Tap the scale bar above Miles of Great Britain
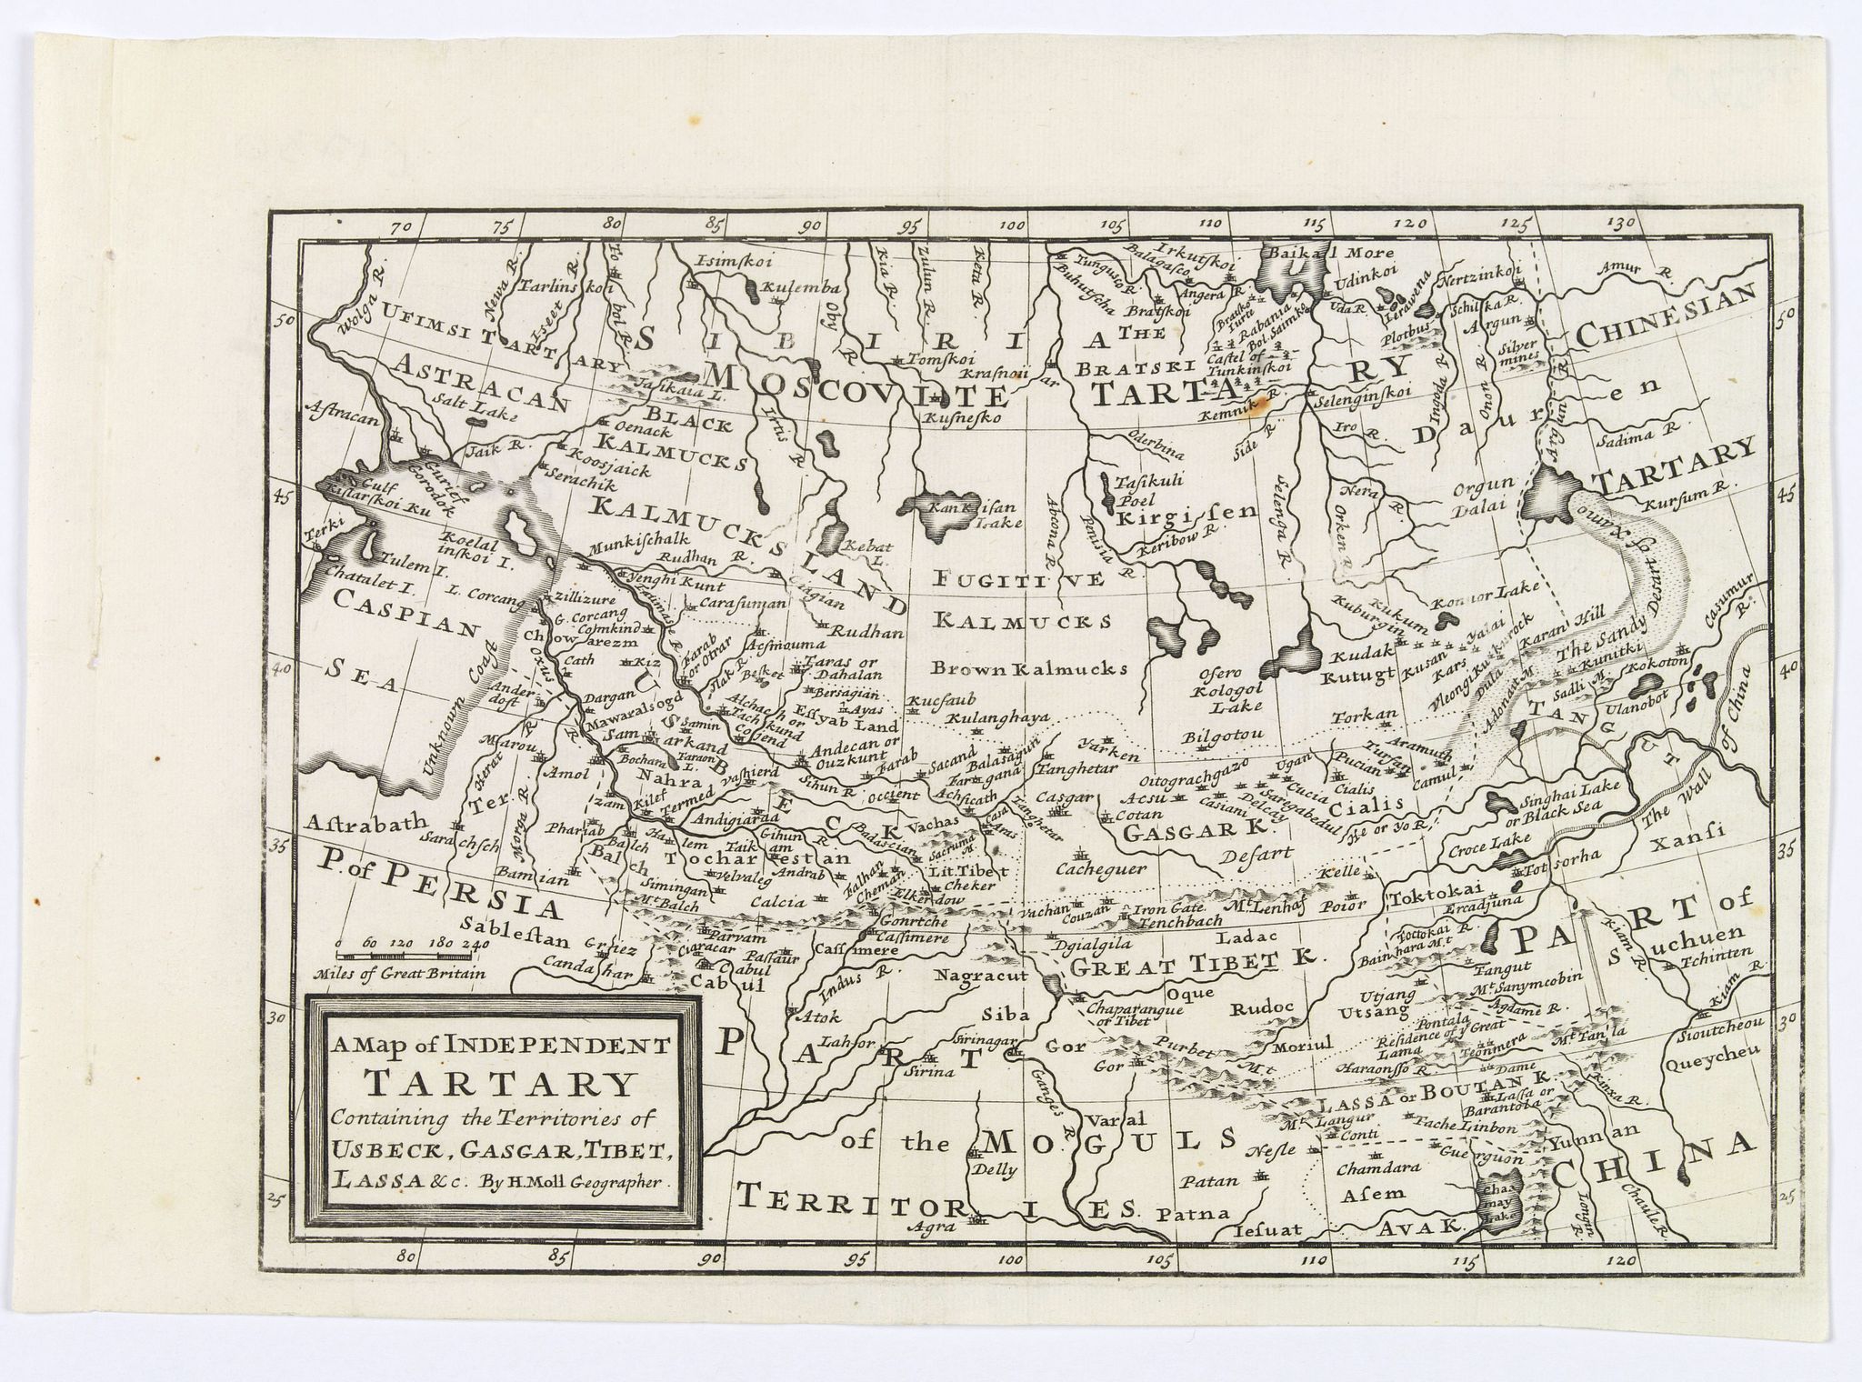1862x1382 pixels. click(410, 956)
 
